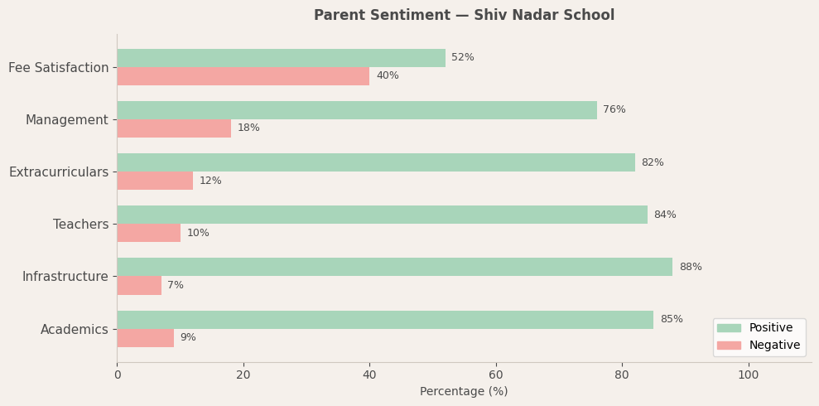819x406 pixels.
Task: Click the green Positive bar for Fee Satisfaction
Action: (281, 58)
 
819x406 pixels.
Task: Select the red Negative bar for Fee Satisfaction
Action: (243, 76)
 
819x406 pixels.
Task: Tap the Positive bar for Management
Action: (356, 110)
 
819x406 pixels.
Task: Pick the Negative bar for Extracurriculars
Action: (155, 181)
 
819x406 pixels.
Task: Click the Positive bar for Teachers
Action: (382, 215)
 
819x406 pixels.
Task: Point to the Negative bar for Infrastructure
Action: (139, 285)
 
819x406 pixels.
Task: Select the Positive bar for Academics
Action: (385, 320)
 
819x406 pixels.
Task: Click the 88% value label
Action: (690, 267)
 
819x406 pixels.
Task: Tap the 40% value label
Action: (387, 76)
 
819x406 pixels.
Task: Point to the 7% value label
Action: (176, 285)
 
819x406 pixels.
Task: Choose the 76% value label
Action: (614, 110)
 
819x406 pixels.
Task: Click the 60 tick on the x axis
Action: (496, 375)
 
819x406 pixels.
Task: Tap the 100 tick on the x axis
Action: (749, 375)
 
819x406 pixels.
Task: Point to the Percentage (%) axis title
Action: (464, 391)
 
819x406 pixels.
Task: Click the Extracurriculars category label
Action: (59, 172)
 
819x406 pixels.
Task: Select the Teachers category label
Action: (80, 224)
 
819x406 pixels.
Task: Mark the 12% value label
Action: (210, 181)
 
